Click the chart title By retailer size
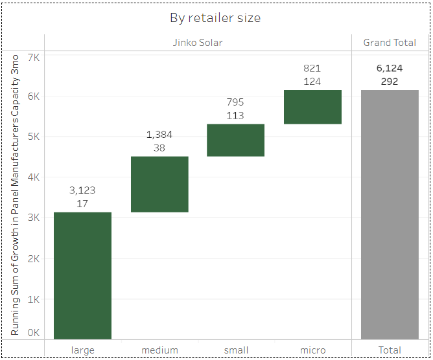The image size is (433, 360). (x=215, y=17)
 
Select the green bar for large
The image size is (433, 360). (x=82, y=275)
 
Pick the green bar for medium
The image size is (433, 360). (x=159, y=184)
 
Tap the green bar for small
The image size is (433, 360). (x=235, y=140)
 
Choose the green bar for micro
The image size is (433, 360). (x=312, y=107)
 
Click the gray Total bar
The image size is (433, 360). (x=390, y=214)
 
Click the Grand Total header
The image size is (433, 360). (x=390, y=43)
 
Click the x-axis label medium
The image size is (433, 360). (x=159, y=350)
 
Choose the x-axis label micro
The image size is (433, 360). (x=312, y=350)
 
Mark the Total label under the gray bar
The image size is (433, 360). (x=390, y=350)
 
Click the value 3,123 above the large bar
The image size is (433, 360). (x=82, y=190)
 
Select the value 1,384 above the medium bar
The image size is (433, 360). (x=159, y=135)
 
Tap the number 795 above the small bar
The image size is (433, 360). (x=235, y=102)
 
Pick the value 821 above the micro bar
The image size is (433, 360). (x=312, y=68)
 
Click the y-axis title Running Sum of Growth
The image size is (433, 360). (x=15, y=194)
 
